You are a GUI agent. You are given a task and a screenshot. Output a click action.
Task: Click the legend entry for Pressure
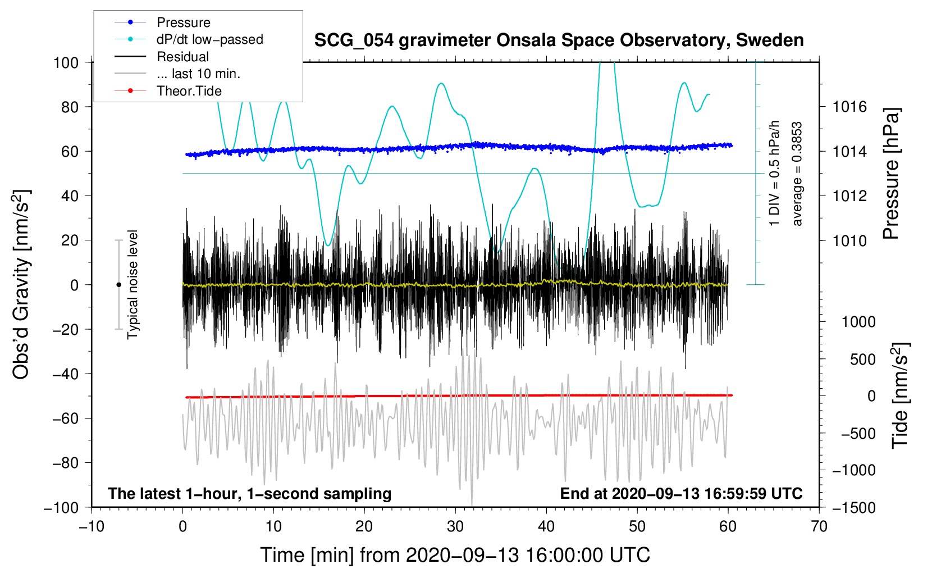pos(183,22)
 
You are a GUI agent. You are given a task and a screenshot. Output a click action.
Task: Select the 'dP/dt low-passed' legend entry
pos(209,39)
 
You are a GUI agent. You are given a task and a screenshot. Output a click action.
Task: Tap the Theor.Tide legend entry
pos(189,91)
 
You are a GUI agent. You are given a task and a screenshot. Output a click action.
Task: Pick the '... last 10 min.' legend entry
pos(198,74)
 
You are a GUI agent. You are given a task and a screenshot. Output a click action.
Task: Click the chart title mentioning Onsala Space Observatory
pos(559,40)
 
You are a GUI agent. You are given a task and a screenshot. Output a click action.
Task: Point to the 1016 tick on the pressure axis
pos(849,107)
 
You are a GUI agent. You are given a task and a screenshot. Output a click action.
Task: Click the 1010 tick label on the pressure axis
pos(849,241)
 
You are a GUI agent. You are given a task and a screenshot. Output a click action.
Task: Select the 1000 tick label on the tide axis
pos(858,322)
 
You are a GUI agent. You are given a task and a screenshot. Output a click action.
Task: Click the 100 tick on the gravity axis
pos(66,62)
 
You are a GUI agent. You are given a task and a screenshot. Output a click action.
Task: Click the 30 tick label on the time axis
pos(455,526)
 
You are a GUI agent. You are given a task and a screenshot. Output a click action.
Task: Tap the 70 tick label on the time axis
pos(819,526)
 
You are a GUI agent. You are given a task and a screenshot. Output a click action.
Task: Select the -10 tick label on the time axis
pos(92,526)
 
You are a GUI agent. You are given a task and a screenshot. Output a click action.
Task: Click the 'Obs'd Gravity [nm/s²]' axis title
pos(21,285)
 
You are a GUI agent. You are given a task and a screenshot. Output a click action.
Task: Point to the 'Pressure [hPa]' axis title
pos(891,174)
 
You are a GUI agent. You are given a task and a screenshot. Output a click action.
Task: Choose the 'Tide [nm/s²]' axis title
pos(900,395)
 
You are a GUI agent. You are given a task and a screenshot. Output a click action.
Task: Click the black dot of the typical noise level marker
pos(118,285)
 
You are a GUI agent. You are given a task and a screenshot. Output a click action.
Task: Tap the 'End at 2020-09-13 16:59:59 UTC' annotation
pos(681,493)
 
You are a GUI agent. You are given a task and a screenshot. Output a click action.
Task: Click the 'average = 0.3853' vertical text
pos(797,174)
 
